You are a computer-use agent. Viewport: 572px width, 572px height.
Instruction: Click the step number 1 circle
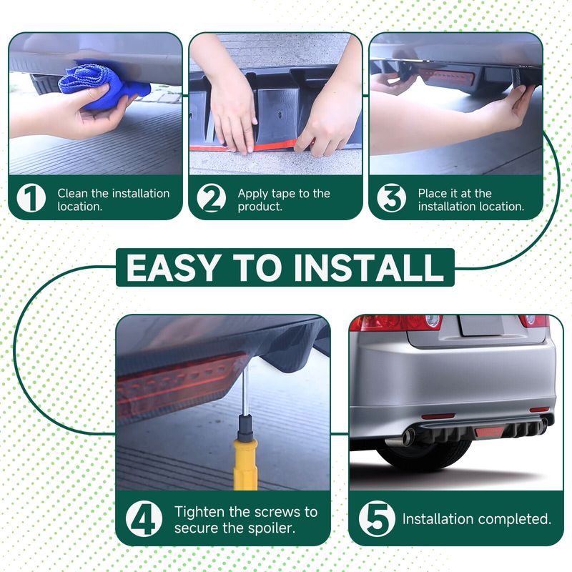pyautogui.click(x=31, y=198)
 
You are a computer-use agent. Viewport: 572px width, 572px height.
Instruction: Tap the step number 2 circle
pyautogui.click(x=211, y=198)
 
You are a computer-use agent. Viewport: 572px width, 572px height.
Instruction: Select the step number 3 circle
pyautogui.click(x=391, y=198)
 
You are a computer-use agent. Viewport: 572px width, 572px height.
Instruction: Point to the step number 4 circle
pyautogui.click(x=144, y=518)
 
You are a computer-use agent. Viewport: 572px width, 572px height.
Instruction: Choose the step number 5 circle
pyautogui.click(x=377, y=518)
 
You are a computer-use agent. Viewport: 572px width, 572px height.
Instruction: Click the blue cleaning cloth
pyautogui.click(x=102, y=87)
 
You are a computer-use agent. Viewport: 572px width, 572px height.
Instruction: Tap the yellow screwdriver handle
pyautogui.click(x=245, y=463)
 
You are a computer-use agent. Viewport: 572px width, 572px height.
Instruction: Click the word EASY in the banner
pyautogui.click(x=173, y=267)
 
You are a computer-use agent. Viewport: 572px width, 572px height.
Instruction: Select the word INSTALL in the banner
pyautogui.click(x=368, y=267)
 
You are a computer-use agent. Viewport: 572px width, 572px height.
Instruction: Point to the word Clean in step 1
pyautogui.click(x=73, y=193)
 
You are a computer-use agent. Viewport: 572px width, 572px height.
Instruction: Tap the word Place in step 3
pyautogui.click(x=433, y=193)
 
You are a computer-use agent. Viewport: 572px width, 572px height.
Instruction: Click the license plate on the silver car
pyautogui.click(x=481, y=325)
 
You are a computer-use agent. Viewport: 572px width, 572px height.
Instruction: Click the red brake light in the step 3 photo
pyautogui.click(x=447, y=77)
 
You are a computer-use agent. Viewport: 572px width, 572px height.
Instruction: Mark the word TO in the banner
pyautogui.click(x=257, y=267)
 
